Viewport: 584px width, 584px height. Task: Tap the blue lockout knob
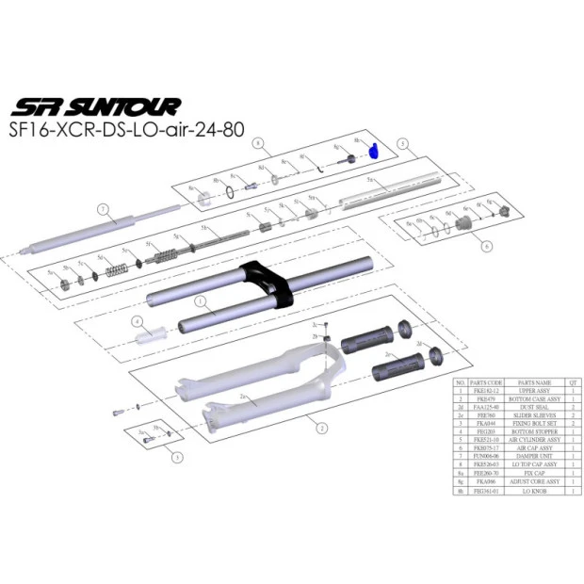tap(372, 150)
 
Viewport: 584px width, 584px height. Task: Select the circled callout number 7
tap(105, 208)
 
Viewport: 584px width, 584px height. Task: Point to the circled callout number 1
tap(200, 303)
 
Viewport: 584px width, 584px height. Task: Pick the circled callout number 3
tap(176, 459)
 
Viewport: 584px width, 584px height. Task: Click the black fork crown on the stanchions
tap(268, 284)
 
